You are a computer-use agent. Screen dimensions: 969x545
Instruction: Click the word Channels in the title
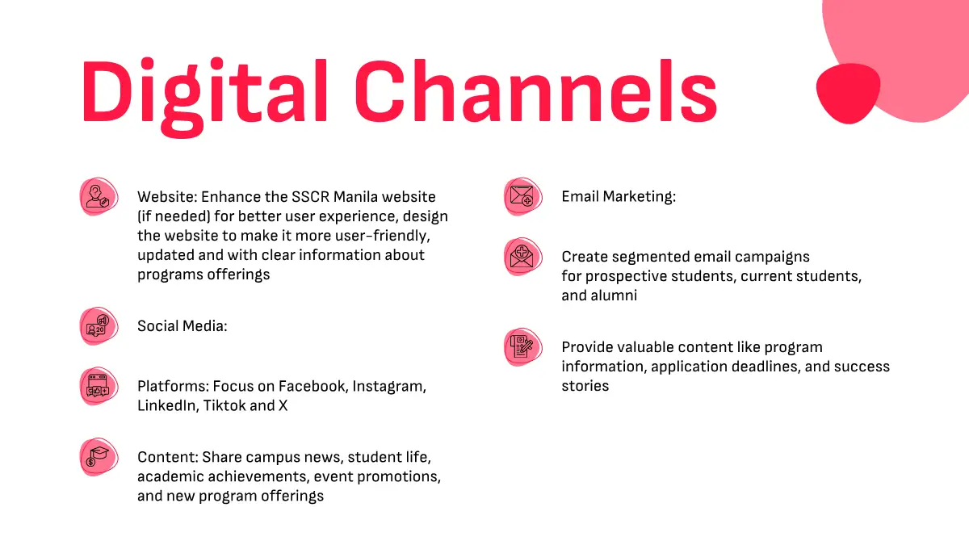coord(536,90)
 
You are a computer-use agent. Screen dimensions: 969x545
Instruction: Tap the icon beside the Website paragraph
coord(99,196)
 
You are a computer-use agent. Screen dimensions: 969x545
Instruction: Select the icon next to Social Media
coord(99,326)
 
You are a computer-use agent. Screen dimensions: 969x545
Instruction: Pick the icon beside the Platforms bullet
coord(99,386)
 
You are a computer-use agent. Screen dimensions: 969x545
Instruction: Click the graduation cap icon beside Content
coord(99,457)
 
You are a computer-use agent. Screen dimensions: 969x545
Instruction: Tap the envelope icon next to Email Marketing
coord(523,196)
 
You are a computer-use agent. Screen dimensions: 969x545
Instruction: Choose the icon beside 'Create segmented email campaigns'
coord(523,257)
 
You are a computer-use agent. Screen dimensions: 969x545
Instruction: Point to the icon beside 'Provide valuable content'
coord(523,347)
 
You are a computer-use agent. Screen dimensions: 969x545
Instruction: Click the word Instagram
coord(389,386)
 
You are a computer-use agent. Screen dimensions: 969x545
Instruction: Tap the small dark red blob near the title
coord(849,94)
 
